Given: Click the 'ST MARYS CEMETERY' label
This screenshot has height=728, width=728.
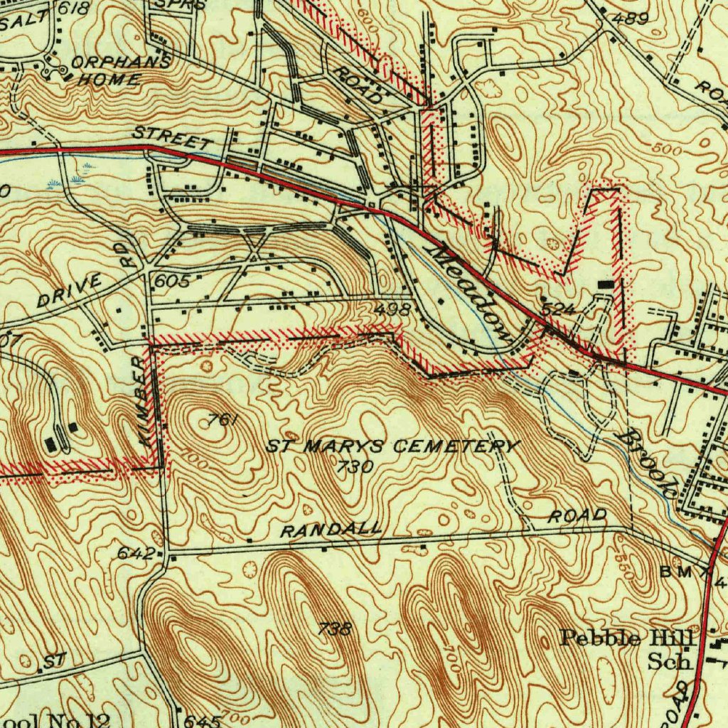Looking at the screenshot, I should click(393, 446).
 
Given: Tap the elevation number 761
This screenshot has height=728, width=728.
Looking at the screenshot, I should click(223, 420).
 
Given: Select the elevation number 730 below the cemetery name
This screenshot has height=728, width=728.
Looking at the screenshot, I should click(355, 466).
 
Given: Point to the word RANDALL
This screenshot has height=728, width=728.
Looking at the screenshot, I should click(331, 530).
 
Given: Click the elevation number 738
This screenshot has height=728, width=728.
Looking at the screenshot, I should click(334, 628).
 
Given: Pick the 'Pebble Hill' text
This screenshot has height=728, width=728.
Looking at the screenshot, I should click(626, 638).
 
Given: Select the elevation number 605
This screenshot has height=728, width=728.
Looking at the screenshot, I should click(172, 282).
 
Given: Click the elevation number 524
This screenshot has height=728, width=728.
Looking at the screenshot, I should click(557, 310).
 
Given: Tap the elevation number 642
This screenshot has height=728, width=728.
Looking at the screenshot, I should click(135, 552).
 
